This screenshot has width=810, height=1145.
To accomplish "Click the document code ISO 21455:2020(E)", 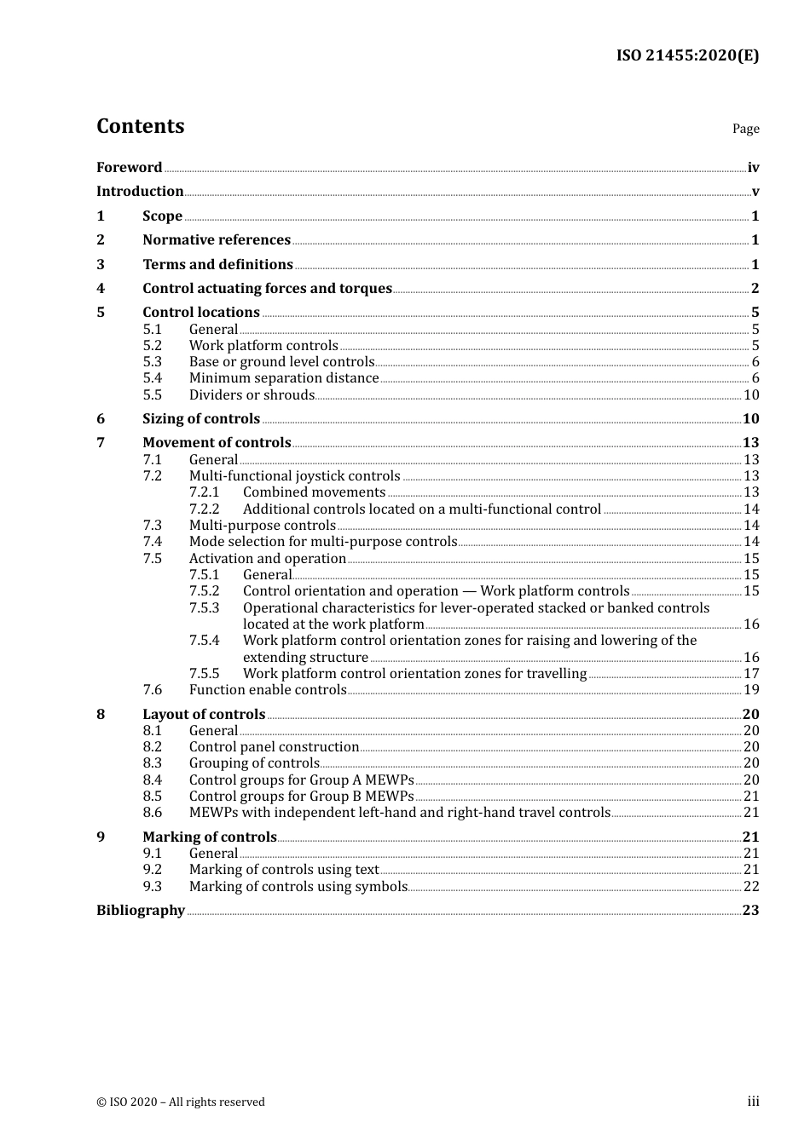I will pyautogui.click(x=687, y=55).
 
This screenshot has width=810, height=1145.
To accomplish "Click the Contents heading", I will pyautogui.click(x=140, y=126).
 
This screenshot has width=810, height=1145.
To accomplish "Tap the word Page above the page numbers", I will pyautogui.click(x=745, y=129).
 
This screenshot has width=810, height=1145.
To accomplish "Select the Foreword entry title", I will pyautogui.click(x=129, y=168).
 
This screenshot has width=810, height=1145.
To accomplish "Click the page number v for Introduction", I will pyautogui.click(x=755, y=192).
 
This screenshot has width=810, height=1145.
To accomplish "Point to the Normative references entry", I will pyautogui.click(x=217, y=240).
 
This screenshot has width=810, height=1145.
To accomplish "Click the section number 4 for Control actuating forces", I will pyautogui.click(x=101, y=289).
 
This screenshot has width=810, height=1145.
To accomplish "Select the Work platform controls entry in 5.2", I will pyautogui.click(x=263, y=346).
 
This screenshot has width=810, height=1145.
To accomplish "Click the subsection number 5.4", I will pyautogui.click(x=152, y=378).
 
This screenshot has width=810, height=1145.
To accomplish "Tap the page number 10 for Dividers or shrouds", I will pyautogui.click(x=751, y=395).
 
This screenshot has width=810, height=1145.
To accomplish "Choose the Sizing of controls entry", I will pyautogui.click(x=201, y=419).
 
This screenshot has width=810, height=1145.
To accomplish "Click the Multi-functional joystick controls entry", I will pyautogui.click(x=294, y=476).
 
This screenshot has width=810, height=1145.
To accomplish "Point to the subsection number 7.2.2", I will pyautogui.click(x=204, y=509).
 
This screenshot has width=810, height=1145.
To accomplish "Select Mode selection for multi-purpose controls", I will pyautogui.click(x=323, y=542).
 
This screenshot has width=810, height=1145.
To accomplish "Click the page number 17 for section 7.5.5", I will pyautogui.click(x=751, y=674).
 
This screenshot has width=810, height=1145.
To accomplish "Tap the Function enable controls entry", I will pyautogui.click(x=268, y=690).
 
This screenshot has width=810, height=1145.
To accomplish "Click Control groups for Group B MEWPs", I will pyautogui.click(x=301, y=797).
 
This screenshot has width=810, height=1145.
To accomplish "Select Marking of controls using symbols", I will pyautogui.click(x=298, y=887).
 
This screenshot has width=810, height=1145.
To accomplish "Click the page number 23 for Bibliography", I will pyautogui.click(x=750, y=911).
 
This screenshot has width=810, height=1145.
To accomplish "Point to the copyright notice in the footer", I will pyautogui.click(x=181, y=1102).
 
